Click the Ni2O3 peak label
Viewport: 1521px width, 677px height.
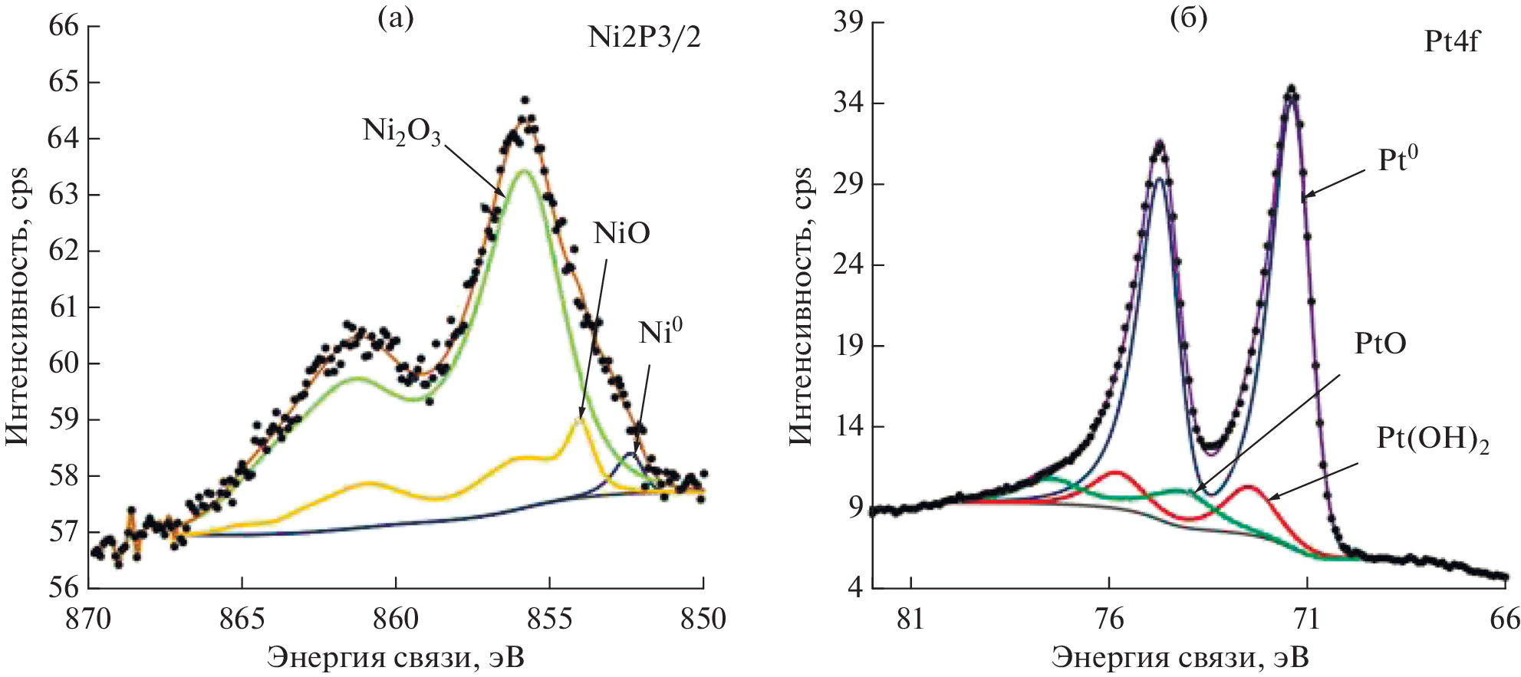pos(401,132)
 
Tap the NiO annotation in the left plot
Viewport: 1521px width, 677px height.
pos(621,233)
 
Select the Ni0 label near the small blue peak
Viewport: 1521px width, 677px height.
pos(660,332)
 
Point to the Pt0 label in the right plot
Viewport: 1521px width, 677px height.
pos(1398,159)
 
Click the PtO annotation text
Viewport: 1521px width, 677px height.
pos(1380,343)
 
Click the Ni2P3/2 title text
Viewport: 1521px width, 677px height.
pos(644,38)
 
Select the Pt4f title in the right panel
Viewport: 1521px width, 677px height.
pos(1451,41)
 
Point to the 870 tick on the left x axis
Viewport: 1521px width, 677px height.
pos(89,619)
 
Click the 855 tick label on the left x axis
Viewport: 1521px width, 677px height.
pos(549,619)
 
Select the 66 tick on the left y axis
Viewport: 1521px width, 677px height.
pos(64,26)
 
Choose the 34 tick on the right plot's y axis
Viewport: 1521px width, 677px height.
pos(848,103)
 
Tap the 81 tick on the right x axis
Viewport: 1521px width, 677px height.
pos(910,619)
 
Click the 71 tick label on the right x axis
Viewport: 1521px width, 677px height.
pos(1307,619)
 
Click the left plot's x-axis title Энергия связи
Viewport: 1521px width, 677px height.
pos(396,657)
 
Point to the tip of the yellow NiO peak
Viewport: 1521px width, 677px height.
pos(580,419)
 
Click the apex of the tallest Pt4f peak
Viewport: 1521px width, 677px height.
pos(1292,90)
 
